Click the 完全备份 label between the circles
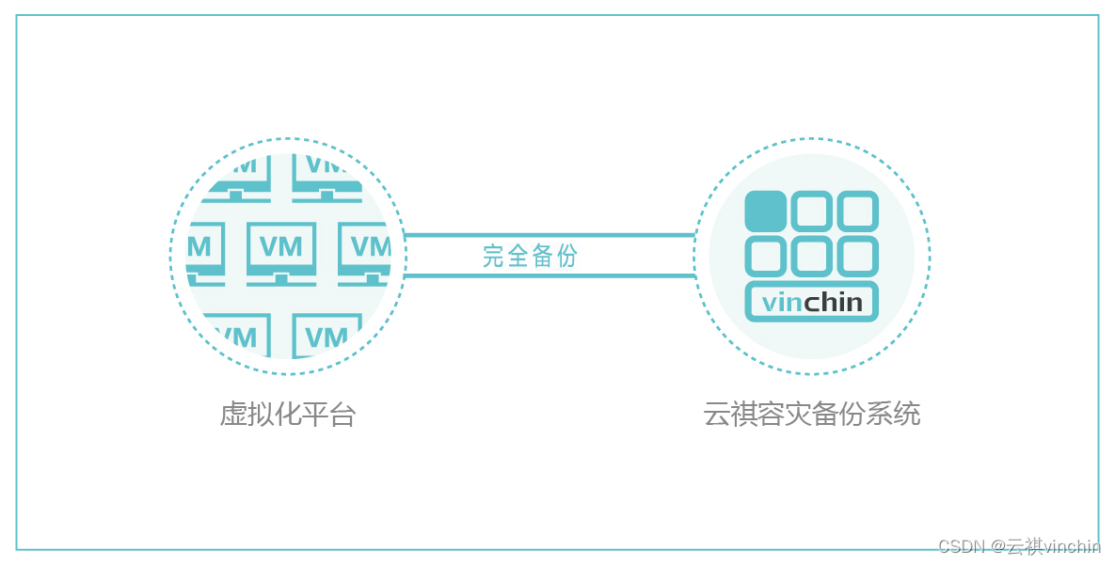click(x=530, y=256)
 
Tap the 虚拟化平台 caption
click(x=287, y=414)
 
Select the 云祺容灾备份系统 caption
click(x=811, y=414)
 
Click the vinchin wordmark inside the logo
click(x=811, y=302)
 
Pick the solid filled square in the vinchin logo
click(x=765, y=212)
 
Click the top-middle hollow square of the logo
click(x=811, y=212)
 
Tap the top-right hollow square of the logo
click(x=857, y=212)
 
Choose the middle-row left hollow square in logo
click(x=765, y=256)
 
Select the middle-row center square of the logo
click(x=811, y=256)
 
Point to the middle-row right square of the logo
click(x=857, y=256)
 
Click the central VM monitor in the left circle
click(x=281, y=250)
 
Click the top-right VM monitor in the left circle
click(x=327, y=172)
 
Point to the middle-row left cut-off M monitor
click(x=203, y=250)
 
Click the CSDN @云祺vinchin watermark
click(x=1019, y=546)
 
